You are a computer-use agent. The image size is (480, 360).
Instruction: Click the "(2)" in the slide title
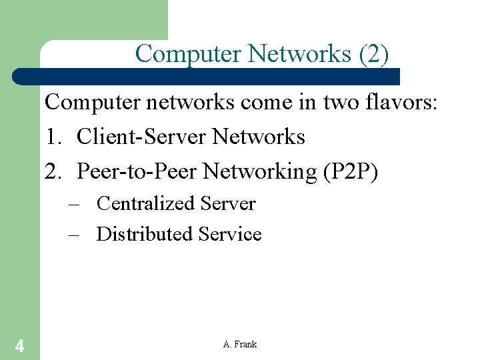point(373,53)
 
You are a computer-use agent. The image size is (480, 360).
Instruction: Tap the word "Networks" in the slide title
point(301,53)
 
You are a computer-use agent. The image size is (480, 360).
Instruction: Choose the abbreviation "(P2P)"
point(350,171)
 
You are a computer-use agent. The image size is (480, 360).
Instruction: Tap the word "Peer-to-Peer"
point(137,171)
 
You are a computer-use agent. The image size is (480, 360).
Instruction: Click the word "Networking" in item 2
point(260,171)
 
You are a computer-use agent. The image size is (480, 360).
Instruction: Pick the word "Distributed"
point(144,234)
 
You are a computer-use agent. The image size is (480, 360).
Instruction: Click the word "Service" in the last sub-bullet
point(230,234)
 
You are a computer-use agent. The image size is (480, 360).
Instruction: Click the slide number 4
point(20,345)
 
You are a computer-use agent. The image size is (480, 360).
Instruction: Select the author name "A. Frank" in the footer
point(240,345)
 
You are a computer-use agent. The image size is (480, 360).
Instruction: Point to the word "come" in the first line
point(274,103)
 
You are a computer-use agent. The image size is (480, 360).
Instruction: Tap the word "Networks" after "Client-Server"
point(259,137)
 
